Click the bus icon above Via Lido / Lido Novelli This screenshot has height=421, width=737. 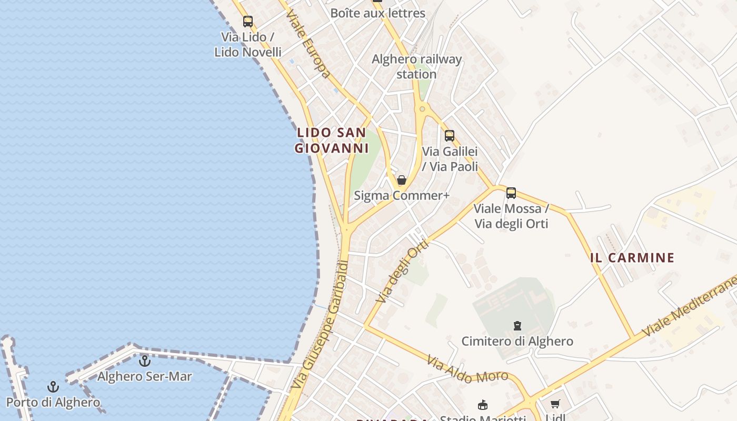coord(248,22)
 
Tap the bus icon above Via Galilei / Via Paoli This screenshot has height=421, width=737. coord(449,135)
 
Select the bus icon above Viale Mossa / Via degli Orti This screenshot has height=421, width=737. coord(511,193)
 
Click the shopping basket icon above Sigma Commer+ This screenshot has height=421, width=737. coord(402,180)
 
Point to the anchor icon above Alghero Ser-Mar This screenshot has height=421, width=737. coord(144,361)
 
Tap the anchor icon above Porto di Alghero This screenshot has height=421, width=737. coord(53,387)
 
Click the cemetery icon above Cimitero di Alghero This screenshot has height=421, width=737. coord(517,326)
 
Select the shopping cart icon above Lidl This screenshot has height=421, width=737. coord(555,404)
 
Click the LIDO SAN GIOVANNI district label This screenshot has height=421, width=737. coord(332,141)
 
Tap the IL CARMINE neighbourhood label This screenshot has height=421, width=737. coord(632,258)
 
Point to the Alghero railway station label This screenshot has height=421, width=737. coord(416,67)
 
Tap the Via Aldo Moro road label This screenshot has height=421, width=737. coord(467,369)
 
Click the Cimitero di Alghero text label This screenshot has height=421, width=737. coord(517,342)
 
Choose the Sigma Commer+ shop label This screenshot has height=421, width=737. coord(402,196)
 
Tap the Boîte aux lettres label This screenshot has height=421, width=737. coord(377,13)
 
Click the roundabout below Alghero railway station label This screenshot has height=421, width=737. coord(422,109)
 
